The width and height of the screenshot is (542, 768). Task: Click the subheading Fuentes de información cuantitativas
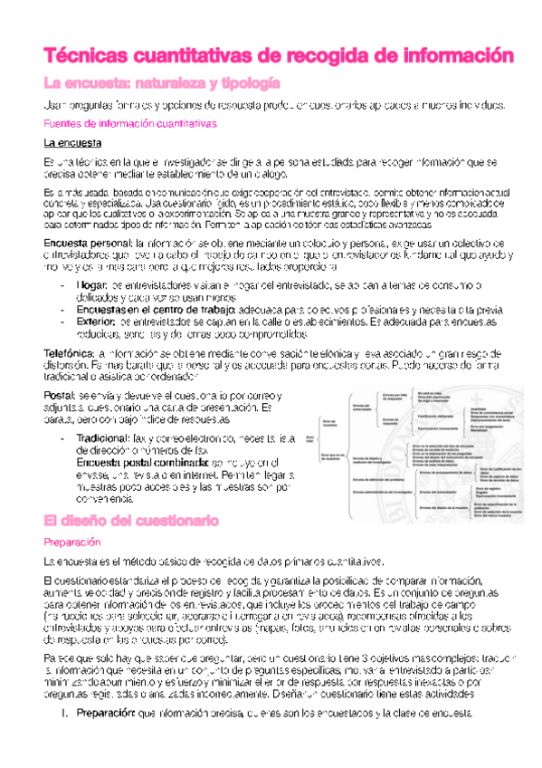[130, 123]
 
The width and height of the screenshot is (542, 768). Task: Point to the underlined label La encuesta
[72, 143]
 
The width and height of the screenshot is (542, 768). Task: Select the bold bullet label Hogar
[90, 285]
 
